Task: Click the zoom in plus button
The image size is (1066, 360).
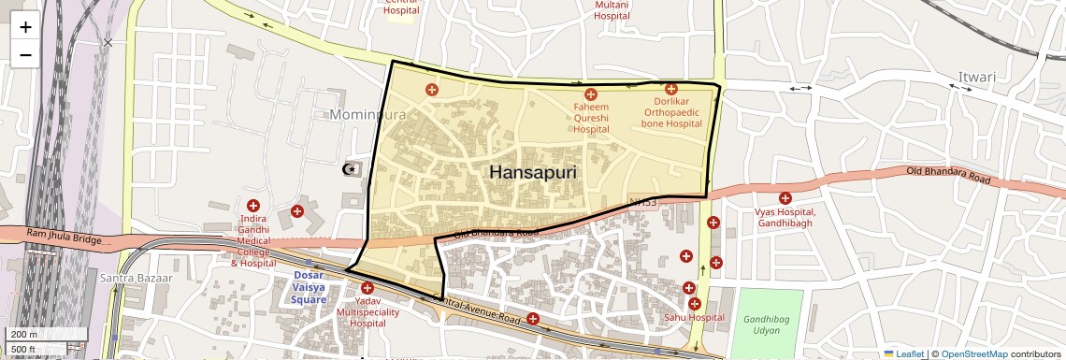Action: point(25,27)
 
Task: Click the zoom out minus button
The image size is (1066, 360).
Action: point(25,55)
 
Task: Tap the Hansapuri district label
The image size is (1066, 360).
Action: point(533,173)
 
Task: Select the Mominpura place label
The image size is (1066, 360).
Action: point(367,115)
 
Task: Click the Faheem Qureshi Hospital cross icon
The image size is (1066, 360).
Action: point(590,94)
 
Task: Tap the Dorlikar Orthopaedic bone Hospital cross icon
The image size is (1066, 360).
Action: point(671,89)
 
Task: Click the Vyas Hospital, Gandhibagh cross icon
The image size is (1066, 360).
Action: point(785,198)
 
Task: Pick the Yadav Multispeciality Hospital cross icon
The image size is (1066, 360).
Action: point(367,288)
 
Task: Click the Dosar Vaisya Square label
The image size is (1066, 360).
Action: point(309,287)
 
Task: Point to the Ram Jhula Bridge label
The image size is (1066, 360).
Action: point(64,240)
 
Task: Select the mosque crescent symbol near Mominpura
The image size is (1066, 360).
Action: point(350,169)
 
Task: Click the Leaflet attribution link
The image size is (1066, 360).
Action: point(903,353)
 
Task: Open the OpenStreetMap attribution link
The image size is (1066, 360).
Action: point(973,353)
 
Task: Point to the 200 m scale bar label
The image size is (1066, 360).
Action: point(25,334)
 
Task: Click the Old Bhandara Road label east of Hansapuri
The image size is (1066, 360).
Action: point(947,174)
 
